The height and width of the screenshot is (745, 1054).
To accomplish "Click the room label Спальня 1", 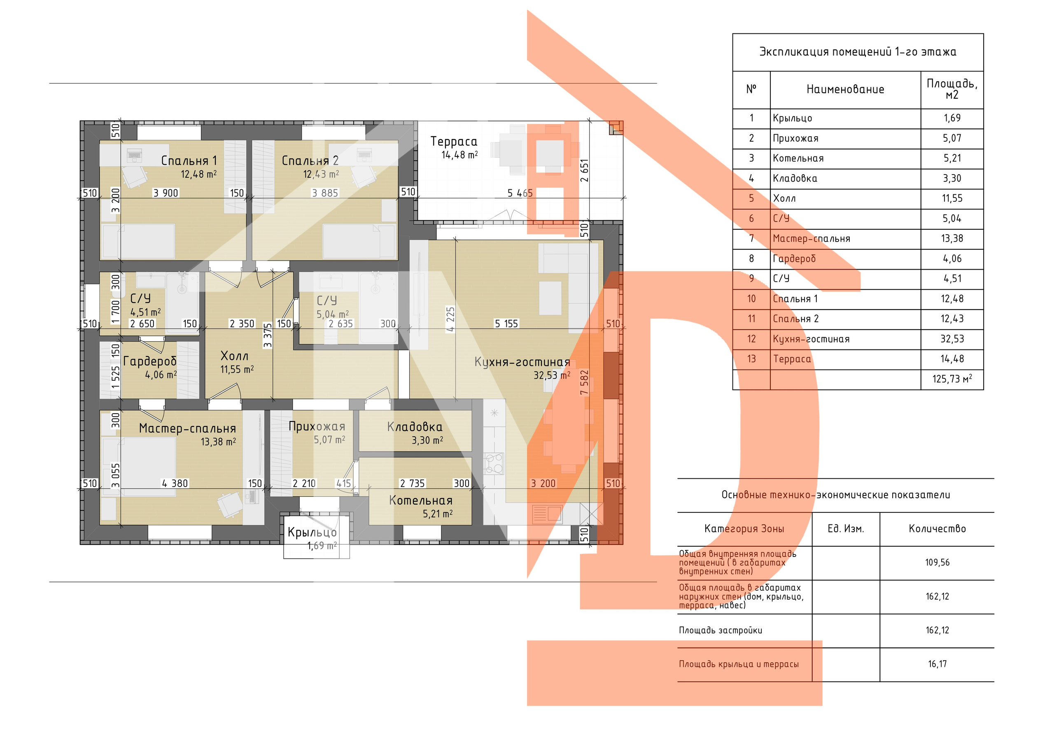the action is [189, 161].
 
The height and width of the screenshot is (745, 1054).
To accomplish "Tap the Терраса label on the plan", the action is [454, 142].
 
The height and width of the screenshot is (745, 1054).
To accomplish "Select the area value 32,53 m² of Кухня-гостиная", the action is [552, 375].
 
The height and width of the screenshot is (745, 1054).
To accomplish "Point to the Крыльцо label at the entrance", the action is [312, 533].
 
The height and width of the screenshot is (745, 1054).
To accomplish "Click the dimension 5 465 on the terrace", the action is [520, 193].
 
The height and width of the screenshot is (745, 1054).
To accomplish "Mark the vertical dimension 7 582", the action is [584, 382].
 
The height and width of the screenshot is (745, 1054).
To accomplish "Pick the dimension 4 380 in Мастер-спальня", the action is [175, 483].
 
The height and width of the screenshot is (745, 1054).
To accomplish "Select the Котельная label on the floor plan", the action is [420, 501].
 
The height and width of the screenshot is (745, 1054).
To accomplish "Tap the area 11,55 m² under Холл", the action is [237, 370].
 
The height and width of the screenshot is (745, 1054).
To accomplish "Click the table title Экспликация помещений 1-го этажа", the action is [858, 52].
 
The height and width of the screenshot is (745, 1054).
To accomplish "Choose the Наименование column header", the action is [845, 89].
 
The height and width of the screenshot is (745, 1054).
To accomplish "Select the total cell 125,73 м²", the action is [952, 379].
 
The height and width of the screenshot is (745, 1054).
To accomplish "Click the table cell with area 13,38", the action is [952, 239].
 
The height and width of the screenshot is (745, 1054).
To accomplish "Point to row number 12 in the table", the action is [751, 339].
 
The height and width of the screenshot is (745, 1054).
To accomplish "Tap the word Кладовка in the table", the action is [795, 179].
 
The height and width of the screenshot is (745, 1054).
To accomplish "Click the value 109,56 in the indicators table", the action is [937, 563].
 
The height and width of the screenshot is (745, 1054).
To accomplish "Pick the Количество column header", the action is [937, 529].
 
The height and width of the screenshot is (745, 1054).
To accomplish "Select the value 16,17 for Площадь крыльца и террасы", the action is [937, 664].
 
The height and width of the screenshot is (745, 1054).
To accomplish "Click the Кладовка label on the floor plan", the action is [415, 427].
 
